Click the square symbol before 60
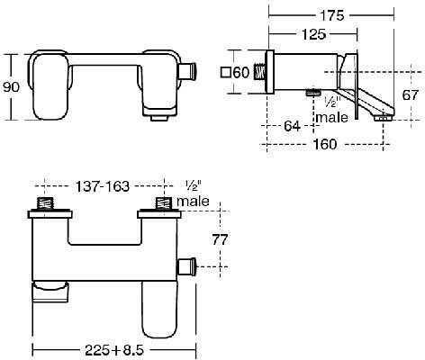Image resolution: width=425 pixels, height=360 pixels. click(x=224, y=73)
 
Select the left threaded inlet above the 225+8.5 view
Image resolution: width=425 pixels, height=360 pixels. click(x=44, y=206)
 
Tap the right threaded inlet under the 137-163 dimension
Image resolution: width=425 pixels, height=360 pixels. click(x=164, y=206)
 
